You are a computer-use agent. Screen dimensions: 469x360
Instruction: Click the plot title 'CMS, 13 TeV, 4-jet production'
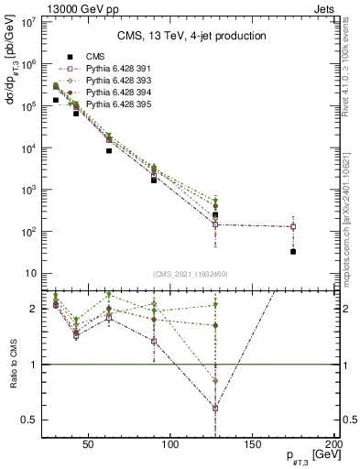click(191, 36)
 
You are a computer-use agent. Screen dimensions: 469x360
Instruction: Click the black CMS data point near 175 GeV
click(293, 251)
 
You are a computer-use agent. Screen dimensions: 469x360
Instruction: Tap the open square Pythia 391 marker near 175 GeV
click(293, 226)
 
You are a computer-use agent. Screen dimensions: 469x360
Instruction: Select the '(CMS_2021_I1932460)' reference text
click(191, 274)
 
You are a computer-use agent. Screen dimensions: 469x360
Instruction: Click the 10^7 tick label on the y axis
click(27, 22)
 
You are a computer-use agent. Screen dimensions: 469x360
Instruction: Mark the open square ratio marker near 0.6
click(214, 408)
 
